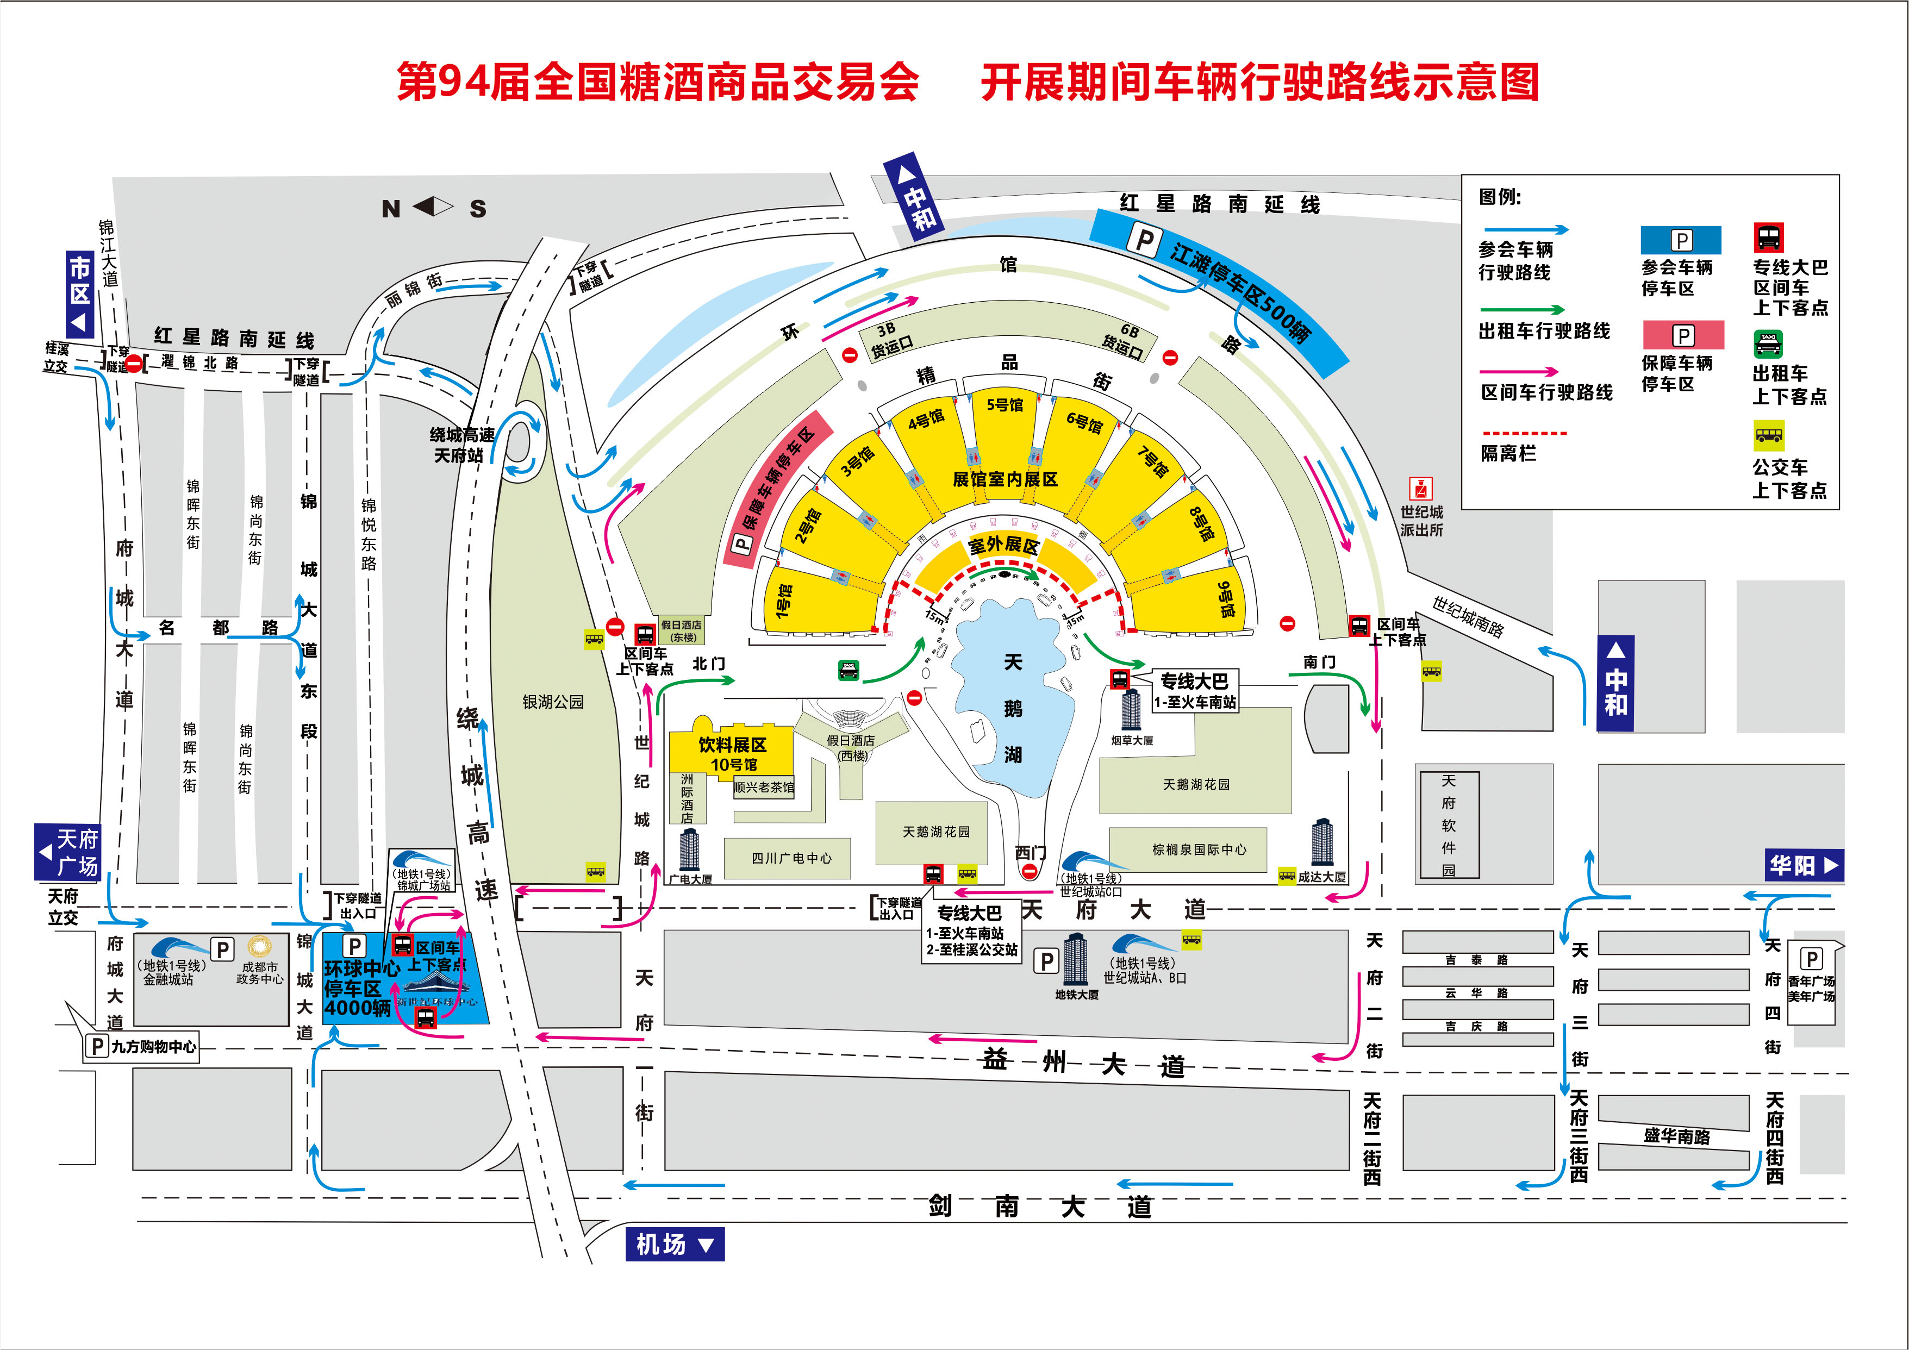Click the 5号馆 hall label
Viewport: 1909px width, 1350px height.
(1005, 405)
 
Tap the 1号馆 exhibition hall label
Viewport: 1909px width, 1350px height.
(783, 600)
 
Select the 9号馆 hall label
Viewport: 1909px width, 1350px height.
(1226, 598)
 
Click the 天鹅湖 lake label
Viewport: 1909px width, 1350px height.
(1013, 708)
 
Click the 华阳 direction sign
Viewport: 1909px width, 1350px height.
(1802, 865)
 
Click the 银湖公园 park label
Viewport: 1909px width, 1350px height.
(553, 702)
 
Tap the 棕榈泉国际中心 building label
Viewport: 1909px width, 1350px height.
(1199, 849)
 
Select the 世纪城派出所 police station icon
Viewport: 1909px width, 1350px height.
(1420, 488)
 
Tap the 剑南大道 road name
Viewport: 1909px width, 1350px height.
(1039, 1206)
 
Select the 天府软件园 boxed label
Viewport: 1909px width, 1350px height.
(1449, 824)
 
